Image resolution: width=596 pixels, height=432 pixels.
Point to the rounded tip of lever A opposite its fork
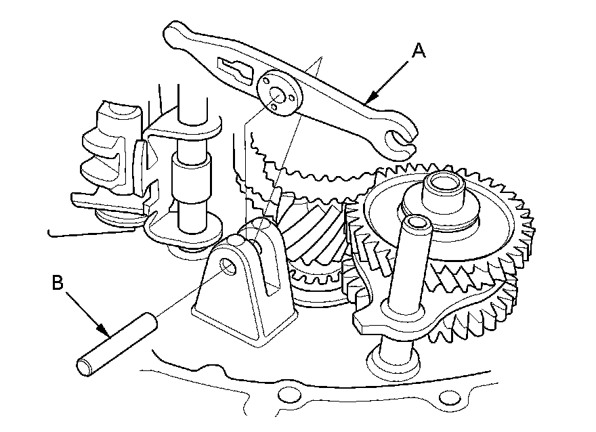click(x=174, y=30)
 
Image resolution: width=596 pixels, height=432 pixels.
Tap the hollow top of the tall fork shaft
click(x=414, y=221)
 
